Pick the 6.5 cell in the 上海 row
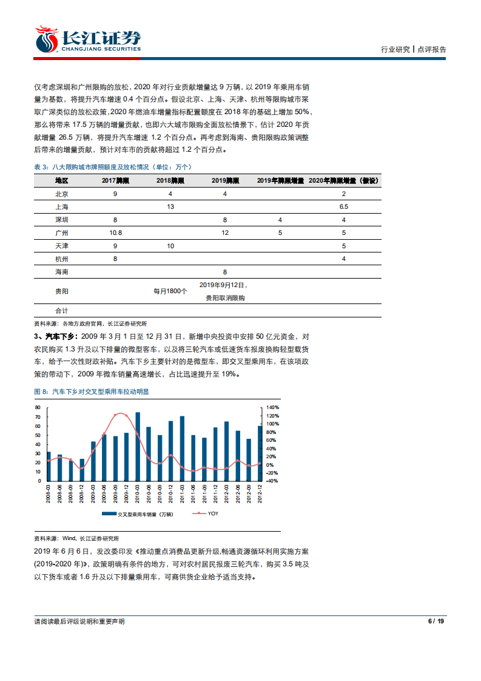pos(343,206)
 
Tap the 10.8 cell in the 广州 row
pos(115,232)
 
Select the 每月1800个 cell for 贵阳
pos(170,291)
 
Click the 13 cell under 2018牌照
pos(170,206)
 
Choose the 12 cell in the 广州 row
pos(225,232)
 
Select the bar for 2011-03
pos(182,448)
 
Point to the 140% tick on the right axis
pos(273,407)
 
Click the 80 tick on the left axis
pos(38,407)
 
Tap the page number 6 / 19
pos(436,621)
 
